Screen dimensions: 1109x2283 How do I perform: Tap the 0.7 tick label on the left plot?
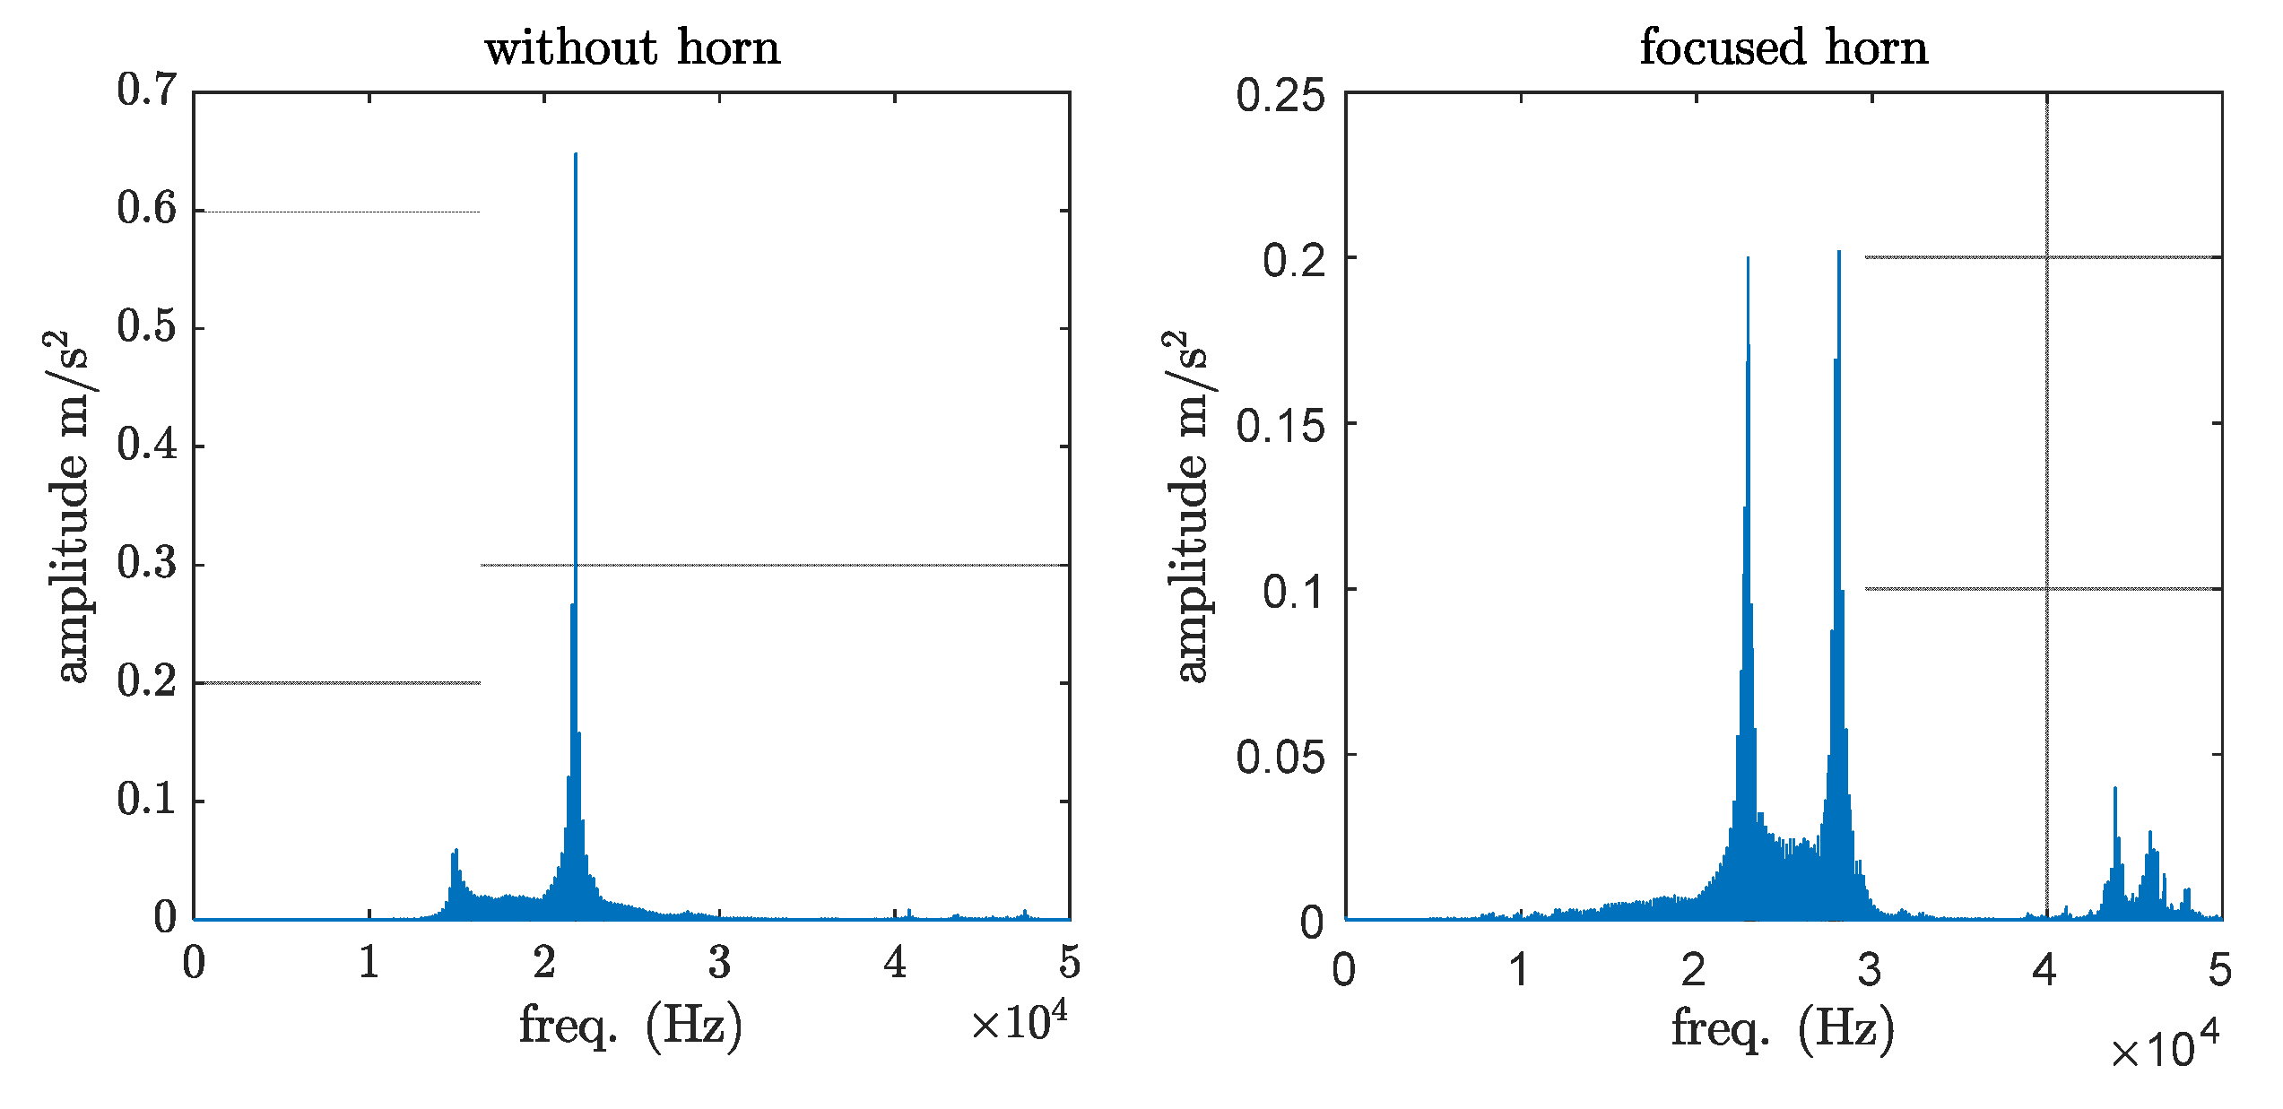click(x=147, y=91)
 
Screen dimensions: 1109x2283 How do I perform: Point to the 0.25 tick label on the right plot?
click(x=1280, y=95)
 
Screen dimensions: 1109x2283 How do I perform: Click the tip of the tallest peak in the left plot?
click(x=576, y=155)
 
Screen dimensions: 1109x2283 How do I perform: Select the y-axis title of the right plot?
click(x=1189, y=507)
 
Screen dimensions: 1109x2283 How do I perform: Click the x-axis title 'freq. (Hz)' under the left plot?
click(x=631, y=1026)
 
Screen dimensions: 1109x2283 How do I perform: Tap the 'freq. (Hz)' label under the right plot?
click(x=1783, y=1029)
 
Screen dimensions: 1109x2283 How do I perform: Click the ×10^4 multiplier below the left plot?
click(x=1020, y=1023)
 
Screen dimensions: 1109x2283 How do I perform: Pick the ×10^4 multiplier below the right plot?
click(x=2165, y=1048)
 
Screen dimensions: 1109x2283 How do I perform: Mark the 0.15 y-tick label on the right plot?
click(x=1280, y=426)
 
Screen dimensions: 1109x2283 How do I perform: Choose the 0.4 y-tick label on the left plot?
click(x=147, y=446)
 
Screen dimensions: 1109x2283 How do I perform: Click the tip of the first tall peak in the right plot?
click(x=1748, y=259)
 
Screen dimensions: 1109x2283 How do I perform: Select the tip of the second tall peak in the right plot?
click(x=1839, y=253)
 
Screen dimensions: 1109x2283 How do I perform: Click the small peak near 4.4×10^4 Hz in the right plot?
click(x=2115, y=789)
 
